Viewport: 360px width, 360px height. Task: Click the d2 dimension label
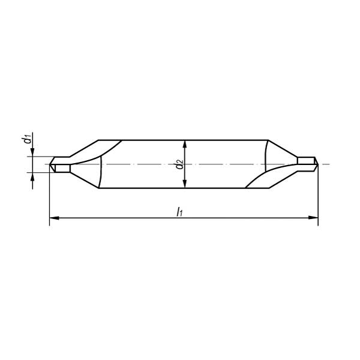pyautogui.click(x=179, y=164)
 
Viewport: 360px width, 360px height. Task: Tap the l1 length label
pyautogui.click(x=179, y=211)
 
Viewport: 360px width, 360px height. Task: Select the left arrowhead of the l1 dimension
pyautogui.click(x=54, y=218)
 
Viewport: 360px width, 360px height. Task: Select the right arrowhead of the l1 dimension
pyautogui.click(x=313, y=218)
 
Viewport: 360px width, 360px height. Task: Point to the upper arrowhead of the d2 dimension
pyautogui.click(x=185, y=145)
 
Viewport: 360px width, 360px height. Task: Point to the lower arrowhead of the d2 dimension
pyautogui.click(x=185, y=184)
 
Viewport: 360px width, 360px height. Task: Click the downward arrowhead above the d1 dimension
pyautogui.click(x=32, y=152)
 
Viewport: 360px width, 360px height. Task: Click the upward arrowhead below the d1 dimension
pyautogui.click(x=32, y=177)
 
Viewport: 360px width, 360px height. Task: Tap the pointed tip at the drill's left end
pyautogui.click(x=50, y=164)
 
